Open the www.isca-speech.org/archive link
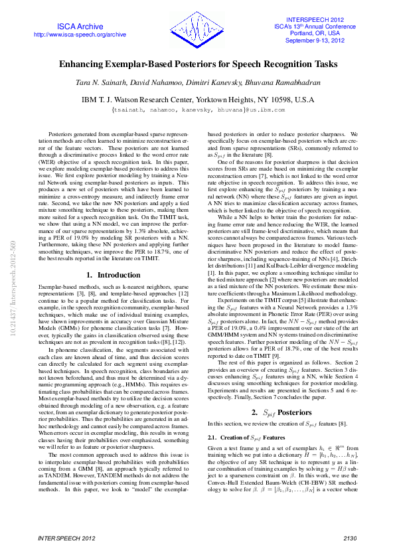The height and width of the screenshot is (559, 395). [x=79, y=34]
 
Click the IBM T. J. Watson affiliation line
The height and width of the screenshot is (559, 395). [x=197, y=99]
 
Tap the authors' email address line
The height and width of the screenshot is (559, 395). [x=197, y=109]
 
